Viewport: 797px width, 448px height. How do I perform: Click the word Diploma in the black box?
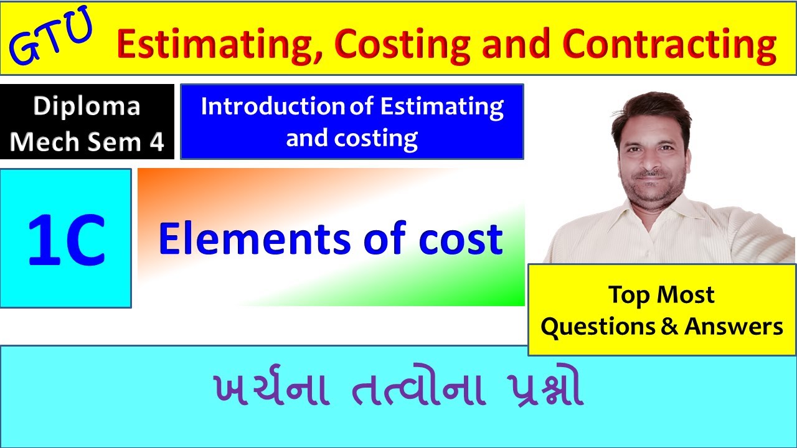[87, 106]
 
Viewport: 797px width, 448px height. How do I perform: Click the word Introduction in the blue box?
[273, 106]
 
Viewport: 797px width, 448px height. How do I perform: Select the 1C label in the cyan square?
[65, 239]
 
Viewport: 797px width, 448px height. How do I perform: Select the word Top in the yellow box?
[628, 295]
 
